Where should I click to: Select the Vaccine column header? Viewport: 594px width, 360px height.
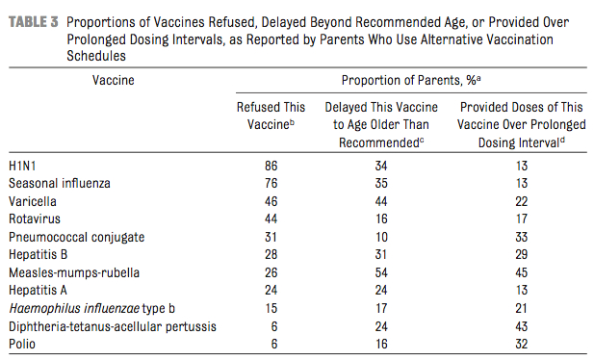pyautogui.click(x=113, y=81)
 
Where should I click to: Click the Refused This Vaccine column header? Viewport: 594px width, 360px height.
pyautogui.click(x=271, y=116)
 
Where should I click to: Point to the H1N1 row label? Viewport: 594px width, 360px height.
pyautogui.click(x=24, y=166)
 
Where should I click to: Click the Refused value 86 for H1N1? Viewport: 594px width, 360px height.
pyautogui.click(x=271, y=166)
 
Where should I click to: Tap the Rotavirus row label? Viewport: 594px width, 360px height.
pyautogui.click(x=35, y=219)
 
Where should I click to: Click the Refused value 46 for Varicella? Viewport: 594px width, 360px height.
pyautogui.click(x=271, y=201)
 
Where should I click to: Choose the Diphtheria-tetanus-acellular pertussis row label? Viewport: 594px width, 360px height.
pyautogui.click(x=112, y=325)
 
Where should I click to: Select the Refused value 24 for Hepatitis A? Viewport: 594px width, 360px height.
pyautogui.click(x=271, y=290)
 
